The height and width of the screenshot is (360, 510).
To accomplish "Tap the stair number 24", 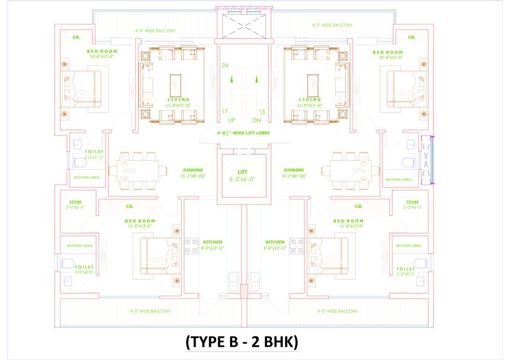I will click(x=225, y=66).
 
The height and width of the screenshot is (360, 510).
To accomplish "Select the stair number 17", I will click(x=225, y=112).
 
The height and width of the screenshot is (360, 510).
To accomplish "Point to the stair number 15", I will click(x=262, y=112).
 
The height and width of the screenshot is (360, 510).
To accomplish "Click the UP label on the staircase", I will click(x=231, y=120).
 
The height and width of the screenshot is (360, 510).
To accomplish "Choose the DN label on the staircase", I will click(x=256, y=120).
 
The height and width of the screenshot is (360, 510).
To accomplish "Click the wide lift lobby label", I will click(x=244, y=133).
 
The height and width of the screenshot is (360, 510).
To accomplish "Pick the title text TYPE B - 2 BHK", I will click(x=242, y=342).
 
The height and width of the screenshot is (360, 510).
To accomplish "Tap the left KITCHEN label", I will click(x=213, y=242).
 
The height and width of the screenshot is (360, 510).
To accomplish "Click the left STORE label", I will click(x=75, y=202).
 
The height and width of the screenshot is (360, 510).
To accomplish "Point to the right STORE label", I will click(x=412, y=202).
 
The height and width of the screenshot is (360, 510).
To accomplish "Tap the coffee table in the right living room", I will click(x=313, y=85).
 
